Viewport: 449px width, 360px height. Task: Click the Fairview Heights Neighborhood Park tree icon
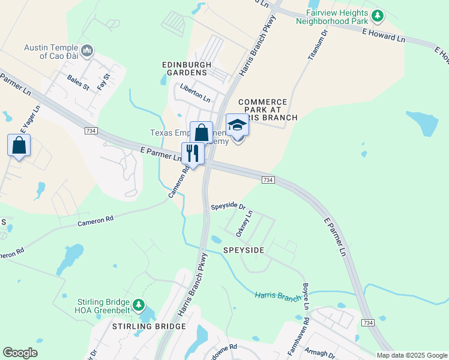tap(378, 14)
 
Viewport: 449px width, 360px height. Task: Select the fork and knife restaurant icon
tap(193, 153)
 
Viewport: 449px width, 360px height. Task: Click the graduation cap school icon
tap(237, 125)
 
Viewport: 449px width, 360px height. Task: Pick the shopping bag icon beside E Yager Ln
tap(19, 145)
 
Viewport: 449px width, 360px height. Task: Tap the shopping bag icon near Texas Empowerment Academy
tap(202, 133)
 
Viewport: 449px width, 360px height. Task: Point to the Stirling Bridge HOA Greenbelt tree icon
tap(139, 305)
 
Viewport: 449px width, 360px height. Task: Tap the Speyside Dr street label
tap(228, 206)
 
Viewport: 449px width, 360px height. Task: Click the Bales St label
tap(78, 82)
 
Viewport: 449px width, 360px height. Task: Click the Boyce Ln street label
tap(306, 296)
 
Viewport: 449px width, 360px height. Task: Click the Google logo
tap(20, 353)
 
